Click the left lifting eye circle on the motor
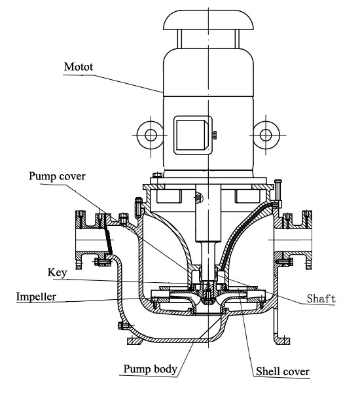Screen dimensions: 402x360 click(151, 135)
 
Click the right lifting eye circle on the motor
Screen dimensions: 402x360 click(264, 135)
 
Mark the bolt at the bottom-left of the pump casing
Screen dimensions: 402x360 click(120, 326)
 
